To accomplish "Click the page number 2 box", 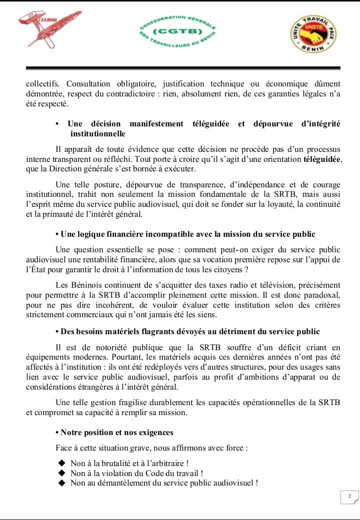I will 349,496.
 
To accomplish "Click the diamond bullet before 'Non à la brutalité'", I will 62,463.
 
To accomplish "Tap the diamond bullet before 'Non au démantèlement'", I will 62,483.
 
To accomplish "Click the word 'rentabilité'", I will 180,260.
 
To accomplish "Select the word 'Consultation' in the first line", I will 90,83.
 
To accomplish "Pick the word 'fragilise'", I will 132,402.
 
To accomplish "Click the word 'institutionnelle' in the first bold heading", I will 97,134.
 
